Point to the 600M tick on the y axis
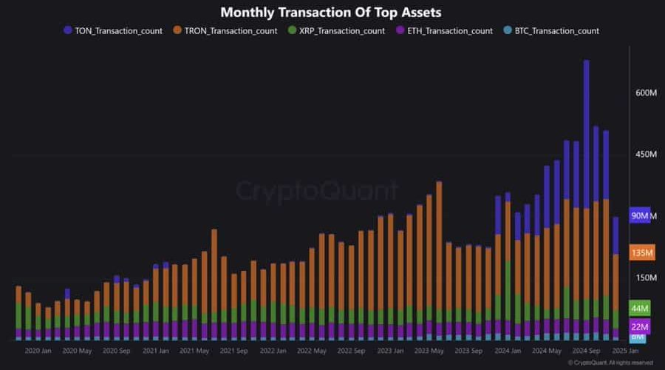[x=647, y=93]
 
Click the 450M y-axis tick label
[x=647, y=155]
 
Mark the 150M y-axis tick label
[x=647, y=278]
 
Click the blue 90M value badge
[x=640, y=216]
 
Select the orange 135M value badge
[x=641, y=253]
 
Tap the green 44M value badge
[x=640, y=308]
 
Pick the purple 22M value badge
[x=640, y=327]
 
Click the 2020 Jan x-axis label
[x=38, y=351]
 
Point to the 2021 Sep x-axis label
[x=233, y=351]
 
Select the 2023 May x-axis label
[x=429, y=351]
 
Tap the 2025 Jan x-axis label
[x=625, y=351]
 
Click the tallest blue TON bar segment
[x=587, y=133]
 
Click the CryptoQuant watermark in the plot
[x=317, y=191]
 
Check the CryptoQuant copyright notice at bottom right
[x=610, y=363]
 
